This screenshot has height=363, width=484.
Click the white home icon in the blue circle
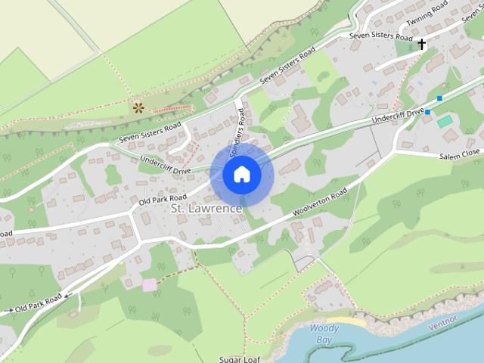[x=241, y=174]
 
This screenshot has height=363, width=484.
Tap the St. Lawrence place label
[x=206, y=208]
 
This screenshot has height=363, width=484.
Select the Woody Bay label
[x=324, y=334]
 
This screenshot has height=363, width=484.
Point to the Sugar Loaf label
[x=240, y=359]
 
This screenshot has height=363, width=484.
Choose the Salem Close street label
[x=460, y=154]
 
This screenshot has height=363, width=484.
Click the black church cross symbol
[x=422, y=45]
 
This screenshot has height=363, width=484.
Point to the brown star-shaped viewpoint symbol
[x=138, y=107]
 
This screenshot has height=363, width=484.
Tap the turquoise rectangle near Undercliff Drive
[x=445, y=121]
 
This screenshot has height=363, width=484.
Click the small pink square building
[x=149, y=284]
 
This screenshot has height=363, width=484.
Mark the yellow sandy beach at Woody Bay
[x=352, y=322]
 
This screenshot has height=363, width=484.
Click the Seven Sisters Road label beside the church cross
[x=380, y=36]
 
